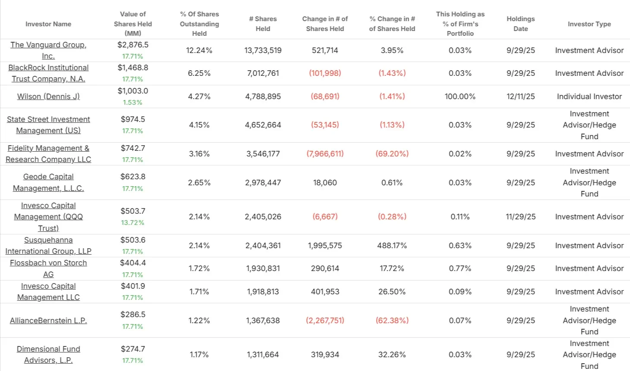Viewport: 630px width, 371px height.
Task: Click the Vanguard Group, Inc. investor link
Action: tap(48, 50)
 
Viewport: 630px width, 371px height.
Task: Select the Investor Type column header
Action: tap(589, 24)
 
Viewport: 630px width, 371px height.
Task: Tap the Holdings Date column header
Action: tap(520, 24)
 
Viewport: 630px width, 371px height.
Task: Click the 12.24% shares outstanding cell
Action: tap(199, 50)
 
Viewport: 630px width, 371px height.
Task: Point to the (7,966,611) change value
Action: tap(325, 154)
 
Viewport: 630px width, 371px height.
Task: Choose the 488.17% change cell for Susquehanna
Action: tap(392, 246)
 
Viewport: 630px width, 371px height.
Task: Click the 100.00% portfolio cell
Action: tap(460, 97)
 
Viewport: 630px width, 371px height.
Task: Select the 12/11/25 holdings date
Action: tap(520, 97)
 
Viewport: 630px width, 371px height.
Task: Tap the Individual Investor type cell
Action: tap(589, 97)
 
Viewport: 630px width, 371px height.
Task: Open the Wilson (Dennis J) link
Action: tap(48, 97)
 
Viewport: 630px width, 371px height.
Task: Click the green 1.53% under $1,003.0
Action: tap(132, 103)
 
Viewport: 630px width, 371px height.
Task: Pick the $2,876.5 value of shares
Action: tap(133, 45)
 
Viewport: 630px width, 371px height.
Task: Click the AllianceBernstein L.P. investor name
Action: tap(48, 321)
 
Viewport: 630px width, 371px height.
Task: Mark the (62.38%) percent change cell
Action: tap(392, 321)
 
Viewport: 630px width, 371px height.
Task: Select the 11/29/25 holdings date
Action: tap(520, 217)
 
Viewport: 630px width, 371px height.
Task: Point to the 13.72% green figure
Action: tap(132, 223)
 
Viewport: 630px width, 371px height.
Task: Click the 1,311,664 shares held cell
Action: tap(263, 355)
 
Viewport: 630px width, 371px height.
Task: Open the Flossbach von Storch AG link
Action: tap(48, 268)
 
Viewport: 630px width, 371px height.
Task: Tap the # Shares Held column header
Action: tap(263, 24)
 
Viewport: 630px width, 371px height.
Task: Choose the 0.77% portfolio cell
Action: tap(460, 268)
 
